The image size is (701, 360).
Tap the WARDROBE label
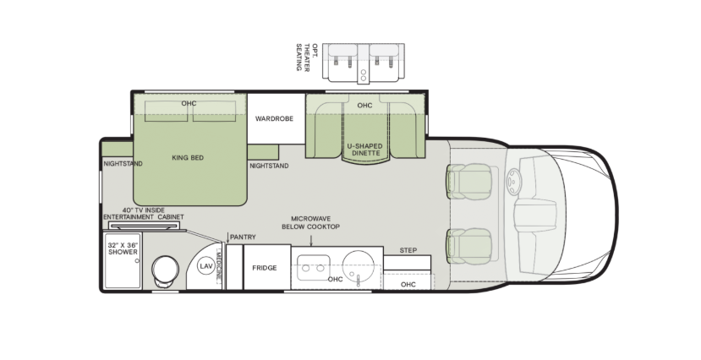pyautogui.click(x=274, y=119)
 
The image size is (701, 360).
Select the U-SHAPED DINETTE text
pyautogui.click(x=364, y=150)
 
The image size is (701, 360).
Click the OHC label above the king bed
pyautogui.click(x=189, y=103)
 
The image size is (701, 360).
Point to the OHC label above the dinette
pyautogui.click(x=364, y=106)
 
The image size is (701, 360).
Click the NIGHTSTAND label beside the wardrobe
pyautogui.click(x=269, y=166)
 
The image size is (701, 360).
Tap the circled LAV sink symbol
pyautogui.click(x=205, y=265)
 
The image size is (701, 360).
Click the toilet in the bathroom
pyautogui.click(x=163, y=271)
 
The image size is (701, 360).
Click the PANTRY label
pyautogui.click(x=242, y=237)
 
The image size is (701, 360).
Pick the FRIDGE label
pyautogui.click(x=265, y=268)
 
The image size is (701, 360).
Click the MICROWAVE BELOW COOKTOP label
pyautogui.click(x=310, y=222)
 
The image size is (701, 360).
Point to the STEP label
pyautogui.click(x=408, y=250)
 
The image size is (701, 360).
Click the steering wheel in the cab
pyautogui.click(x=513, y=181)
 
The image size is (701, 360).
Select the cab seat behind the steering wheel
pyautogui.click(x=468, y=179)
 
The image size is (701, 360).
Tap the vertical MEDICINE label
pyautogui.click(x=219, y=265)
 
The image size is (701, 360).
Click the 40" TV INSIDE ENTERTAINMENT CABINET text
pyautogui.click(x=142, y=213)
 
